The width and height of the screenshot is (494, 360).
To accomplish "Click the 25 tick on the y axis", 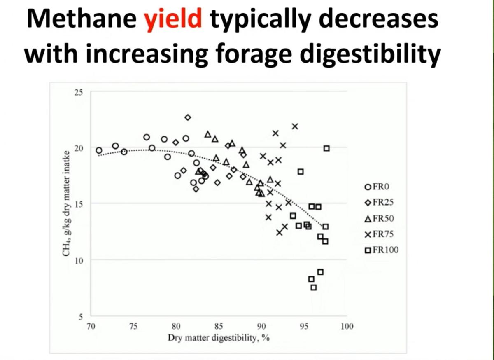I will point(78,92).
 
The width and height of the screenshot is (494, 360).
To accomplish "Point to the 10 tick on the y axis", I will point(78,260).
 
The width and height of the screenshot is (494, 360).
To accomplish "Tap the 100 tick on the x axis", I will point(347,326).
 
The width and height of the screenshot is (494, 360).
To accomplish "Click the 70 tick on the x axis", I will point(91,326).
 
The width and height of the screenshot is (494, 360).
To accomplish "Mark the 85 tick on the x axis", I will point(219,326).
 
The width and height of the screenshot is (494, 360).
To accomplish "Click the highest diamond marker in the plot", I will point(188,117).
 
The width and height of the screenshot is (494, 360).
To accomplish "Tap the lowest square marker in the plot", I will point(314,288).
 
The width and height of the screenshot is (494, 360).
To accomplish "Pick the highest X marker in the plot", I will point(295,126).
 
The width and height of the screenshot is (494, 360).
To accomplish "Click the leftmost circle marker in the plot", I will point(99,150).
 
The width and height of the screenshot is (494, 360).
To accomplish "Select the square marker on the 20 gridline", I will point(326,148).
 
